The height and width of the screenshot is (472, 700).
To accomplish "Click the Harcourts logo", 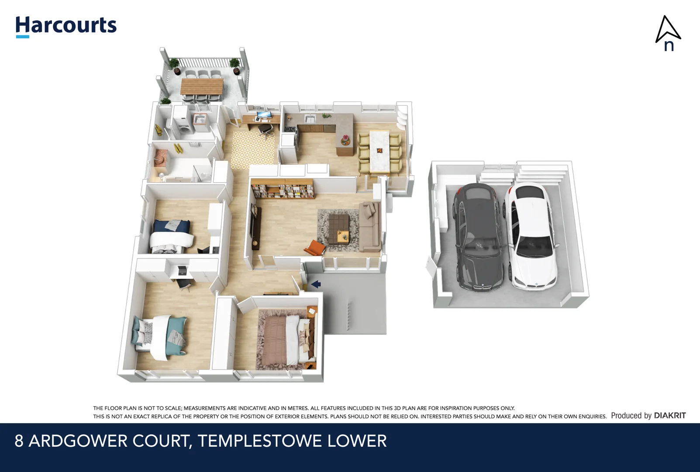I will [x=66, y=26].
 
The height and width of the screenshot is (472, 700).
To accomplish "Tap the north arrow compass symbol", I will [x=668, y=33].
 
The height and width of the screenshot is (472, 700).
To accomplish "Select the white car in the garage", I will [x=530, y=236].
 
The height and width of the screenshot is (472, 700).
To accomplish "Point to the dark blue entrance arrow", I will [x=316, y=285].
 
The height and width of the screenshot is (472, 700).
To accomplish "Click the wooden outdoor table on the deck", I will [x=202, y=86].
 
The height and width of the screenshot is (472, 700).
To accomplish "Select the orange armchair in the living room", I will [x=315, y=248].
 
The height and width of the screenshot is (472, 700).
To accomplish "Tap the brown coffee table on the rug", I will [x=339, y=229].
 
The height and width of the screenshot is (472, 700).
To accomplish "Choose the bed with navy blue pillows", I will [x=172, y=236].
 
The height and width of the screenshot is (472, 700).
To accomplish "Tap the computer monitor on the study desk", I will [x=264, y=116].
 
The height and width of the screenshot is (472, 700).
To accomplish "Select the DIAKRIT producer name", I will [x=669, y=416].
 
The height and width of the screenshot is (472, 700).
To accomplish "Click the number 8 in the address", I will [x=19, y=441].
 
